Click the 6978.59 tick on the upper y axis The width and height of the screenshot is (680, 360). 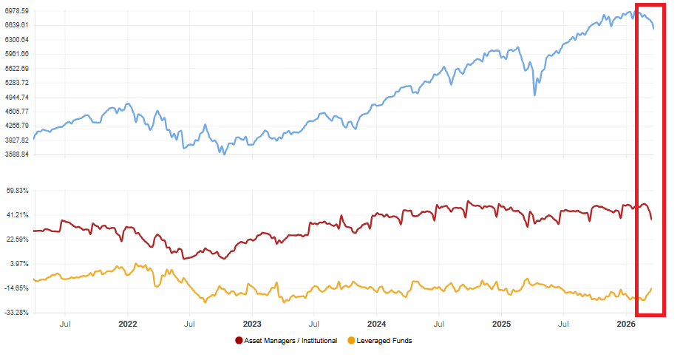coord(16,11)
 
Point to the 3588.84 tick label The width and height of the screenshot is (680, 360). coord(16,154)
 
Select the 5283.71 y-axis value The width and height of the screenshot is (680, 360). coord(16,83)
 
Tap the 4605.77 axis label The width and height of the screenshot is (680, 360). coord(16,112)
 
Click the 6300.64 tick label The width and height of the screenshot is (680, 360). coord(16,40)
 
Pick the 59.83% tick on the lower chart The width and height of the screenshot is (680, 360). coord(16,190)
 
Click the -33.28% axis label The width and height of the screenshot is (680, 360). coord(16,312)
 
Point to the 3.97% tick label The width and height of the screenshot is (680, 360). coord(17,263)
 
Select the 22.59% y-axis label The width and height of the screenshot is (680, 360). coord(16,239)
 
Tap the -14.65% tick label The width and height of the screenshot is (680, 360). coord(16,288)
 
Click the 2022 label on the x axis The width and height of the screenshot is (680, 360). coord(128,324)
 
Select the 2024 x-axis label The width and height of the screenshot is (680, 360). coord(377,324)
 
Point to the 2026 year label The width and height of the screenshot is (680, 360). coord(626,324)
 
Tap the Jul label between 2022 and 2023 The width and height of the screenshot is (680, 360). coord(190,324)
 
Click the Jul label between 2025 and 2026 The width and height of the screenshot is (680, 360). coord(564,324)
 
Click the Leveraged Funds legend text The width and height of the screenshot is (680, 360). coord(384,341)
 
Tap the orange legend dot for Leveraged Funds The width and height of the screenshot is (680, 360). coord(350,341)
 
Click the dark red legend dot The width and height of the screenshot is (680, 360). coord(239,341)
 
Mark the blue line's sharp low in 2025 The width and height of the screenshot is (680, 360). coord(535,95)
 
